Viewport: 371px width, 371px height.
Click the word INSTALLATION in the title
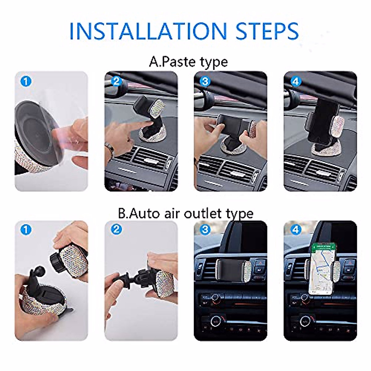point(148,31)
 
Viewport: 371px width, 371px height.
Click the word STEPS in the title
point(267,31)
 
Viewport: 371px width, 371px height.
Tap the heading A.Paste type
point(188,62)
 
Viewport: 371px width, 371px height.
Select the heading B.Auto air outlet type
point(185,213)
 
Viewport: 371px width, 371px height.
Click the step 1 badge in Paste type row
point(26,82)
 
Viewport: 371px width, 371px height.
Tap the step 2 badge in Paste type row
point(116,81)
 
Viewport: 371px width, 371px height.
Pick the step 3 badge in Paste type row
point(205,81)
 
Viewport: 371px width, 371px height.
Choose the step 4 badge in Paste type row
point(296,81)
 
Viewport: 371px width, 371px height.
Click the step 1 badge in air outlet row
point(26,230)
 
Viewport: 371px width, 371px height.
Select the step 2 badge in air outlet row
point(116,229)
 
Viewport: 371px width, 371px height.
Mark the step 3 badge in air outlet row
point(205,229)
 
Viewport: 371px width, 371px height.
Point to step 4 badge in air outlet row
point(296,229)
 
